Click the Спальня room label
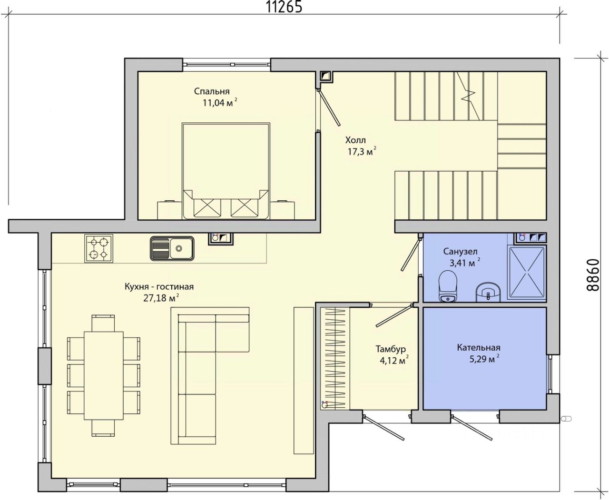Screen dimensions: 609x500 point(212,91)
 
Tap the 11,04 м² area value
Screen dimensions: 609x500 point(220,103)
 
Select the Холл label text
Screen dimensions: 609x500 point(355,140)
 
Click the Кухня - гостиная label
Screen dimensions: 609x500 point(159,287)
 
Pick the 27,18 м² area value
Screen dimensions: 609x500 point(161,298)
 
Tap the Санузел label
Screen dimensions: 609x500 point(460,252)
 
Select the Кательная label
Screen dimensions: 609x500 point(479,348)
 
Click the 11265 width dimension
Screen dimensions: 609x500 point(284,7)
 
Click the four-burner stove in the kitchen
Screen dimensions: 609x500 point(99,248)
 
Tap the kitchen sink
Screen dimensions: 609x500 point(172,248)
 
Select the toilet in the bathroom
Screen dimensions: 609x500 point(448,285)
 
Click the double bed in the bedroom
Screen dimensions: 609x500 point(226,171)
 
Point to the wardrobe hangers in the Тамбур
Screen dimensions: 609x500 point(335,358)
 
